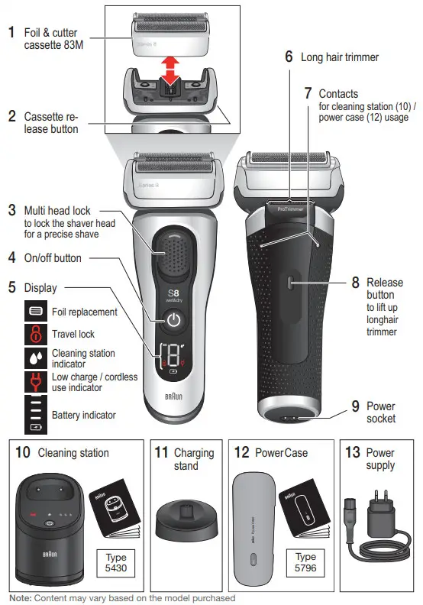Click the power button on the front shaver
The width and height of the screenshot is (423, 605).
click(x=174, y=320)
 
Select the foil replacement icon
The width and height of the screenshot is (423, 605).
click(x=35, y=312)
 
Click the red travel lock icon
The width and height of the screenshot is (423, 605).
click(x=35, y=334)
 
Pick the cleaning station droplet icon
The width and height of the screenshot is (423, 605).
click(x=35, y=358)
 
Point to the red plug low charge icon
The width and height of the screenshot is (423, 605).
click(x=35, y=382)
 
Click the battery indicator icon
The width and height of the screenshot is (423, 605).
click(x=35, y=415)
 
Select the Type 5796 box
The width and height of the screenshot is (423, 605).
click(x=305, y=562)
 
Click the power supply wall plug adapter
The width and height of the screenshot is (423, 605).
click(x=381, y=517)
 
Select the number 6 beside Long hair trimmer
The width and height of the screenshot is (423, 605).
click(x=289, y=57)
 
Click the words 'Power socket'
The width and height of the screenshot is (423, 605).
click(x=381, y=412)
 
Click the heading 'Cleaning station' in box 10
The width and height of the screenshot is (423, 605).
click(x=73, y=453)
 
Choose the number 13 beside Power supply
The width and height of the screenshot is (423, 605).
click(x=352, y=453)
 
